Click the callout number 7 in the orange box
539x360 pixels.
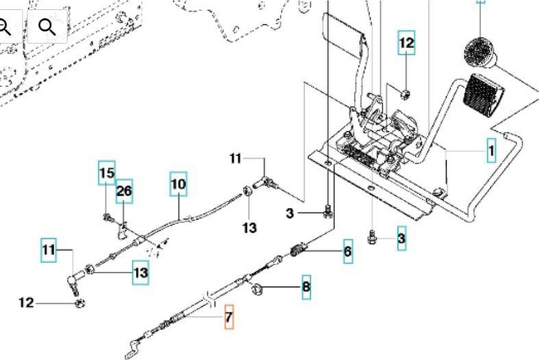pos(229,317)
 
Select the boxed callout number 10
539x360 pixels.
pos(178,184)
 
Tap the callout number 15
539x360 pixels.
pos(107,173)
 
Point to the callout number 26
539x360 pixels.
pos(124,191)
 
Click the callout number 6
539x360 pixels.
pos(348,251)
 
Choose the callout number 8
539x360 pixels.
pos(306,287)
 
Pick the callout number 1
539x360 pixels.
pos(492,150)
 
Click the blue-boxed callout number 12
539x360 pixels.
pos(406,42)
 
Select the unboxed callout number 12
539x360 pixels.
pos(27,303)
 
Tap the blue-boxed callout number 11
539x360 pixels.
pos(48,250)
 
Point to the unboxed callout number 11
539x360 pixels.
pos(236,158)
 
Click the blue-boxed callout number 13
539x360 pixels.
pos(141,273)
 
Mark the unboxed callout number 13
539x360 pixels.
pos(250,227)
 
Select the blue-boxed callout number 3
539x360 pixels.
pos(401,238)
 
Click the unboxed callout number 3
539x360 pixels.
pos(289,213)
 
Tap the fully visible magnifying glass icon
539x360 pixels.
pos(47,27)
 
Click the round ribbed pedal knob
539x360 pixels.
pos(479,52)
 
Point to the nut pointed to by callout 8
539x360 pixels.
pos(257,289)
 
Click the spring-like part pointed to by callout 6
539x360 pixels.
pos(299,250)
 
